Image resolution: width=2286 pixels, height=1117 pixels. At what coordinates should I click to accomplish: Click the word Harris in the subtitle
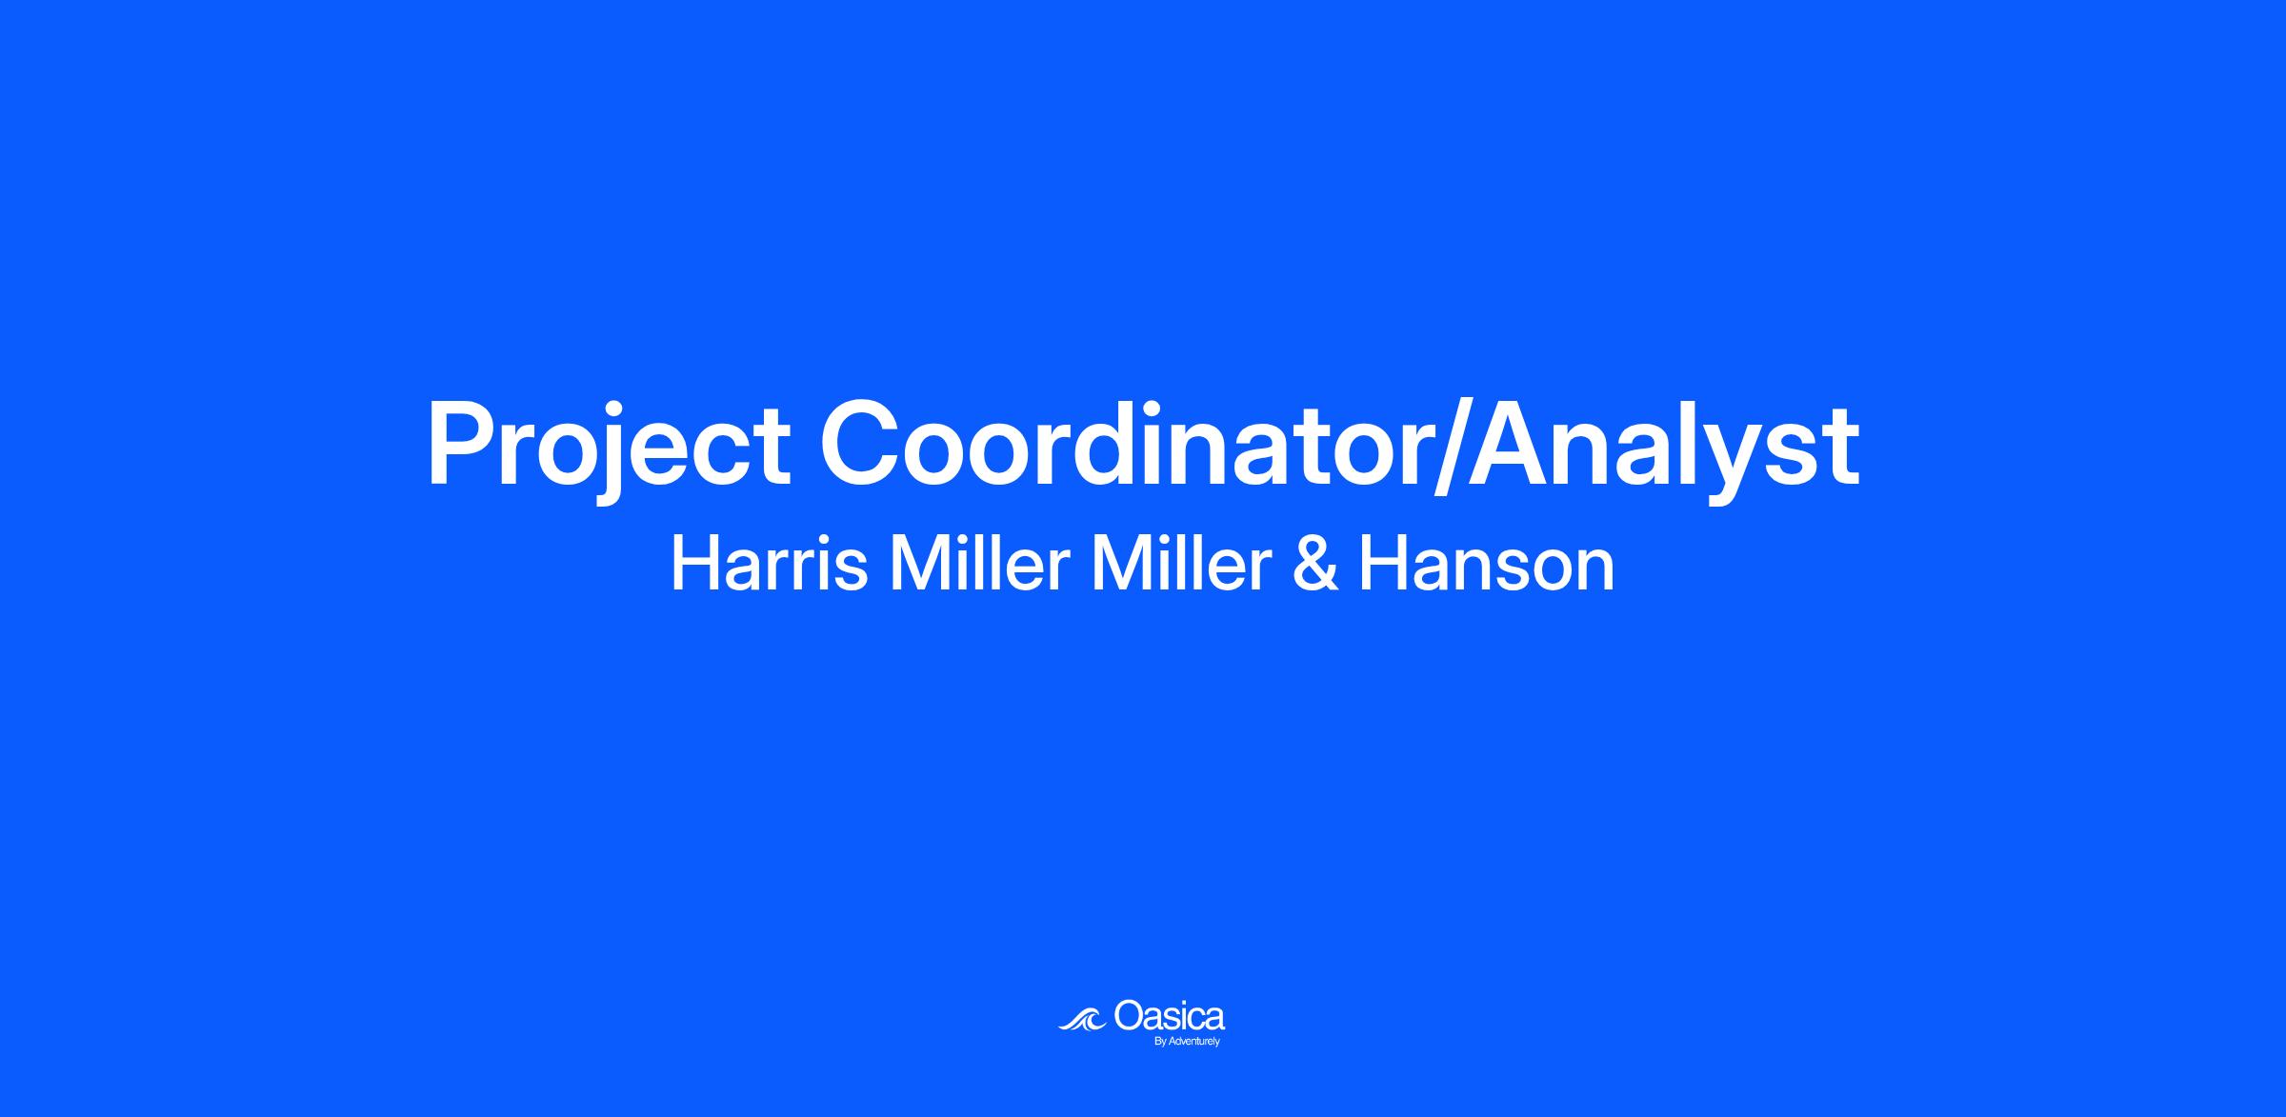coord(769,564)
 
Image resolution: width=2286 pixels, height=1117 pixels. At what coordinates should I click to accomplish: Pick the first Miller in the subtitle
coord(979,564)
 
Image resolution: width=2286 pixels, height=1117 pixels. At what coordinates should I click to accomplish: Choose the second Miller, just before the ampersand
coord(1182,564)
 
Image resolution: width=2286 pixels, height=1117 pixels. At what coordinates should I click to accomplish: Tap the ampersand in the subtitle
coord(1314,565)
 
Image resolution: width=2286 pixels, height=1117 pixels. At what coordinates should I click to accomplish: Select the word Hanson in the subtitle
coord(1486,564)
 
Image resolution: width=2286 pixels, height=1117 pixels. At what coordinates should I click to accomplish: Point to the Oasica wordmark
coord(1169,1017)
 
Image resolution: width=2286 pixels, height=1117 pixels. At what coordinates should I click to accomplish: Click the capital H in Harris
coord(694,564)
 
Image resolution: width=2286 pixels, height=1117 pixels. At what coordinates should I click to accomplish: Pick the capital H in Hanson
coord(1381,564)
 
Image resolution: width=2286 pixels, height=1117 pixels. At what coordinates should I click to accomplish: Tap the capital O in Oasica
coord(1129,1017)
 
